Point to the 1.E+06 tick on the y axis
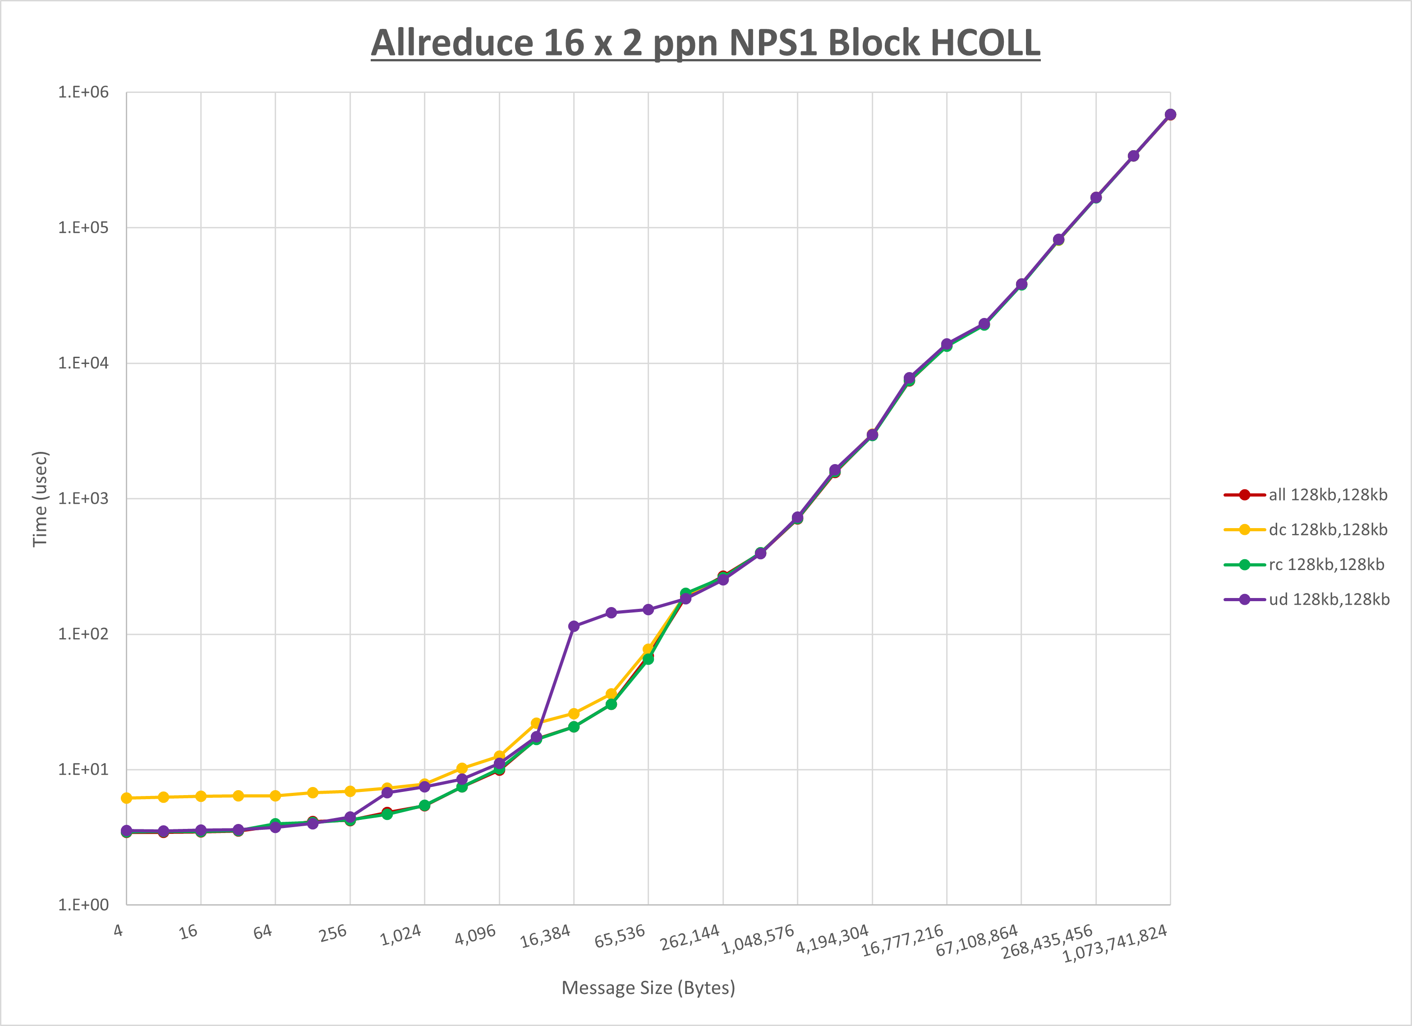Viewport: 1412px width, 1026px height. click(83, 92)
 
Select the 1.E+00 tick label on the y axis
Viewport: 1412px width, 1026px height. click(83, 905)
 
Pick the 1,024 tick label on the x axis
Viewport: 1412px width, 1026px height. click(401, 935)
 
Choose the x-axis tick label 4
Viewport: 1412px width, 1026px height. click(118, 931)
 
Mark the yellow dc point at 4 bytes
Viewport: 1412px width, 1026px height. click(126, 798)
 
